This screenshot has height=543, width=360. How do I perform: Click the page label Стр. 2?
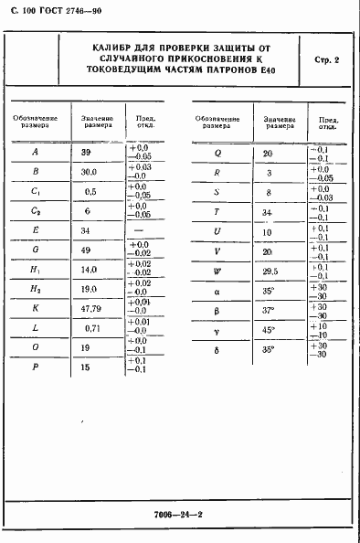coord(325,60)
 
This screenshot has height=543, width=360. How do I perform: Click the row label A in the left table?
coord(35,152)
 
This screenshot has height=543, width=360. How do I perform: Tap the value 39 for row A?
coord(87,152)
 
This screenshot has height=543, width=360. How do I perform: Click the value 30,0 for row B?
coord(89,171)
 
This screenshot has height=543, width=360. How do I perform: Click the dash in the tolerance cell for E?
coord(142,230)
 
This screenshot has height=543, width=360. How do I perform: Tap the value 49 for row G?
coord(87,250)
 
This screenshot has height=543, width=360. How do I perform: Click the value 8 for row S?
coord(268,192)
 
